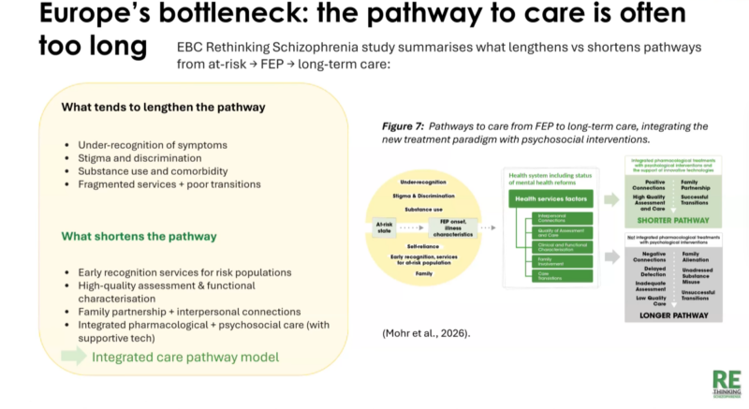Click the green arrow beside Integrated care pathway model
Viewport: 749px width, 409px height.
point(72,356)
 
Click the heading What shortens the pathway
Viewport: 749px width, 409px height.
point(140,237)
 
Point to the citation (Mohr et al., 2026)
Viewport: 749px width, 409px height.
point(425,332)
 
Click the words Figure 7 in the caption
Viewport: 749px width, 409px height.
point(404,125)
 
